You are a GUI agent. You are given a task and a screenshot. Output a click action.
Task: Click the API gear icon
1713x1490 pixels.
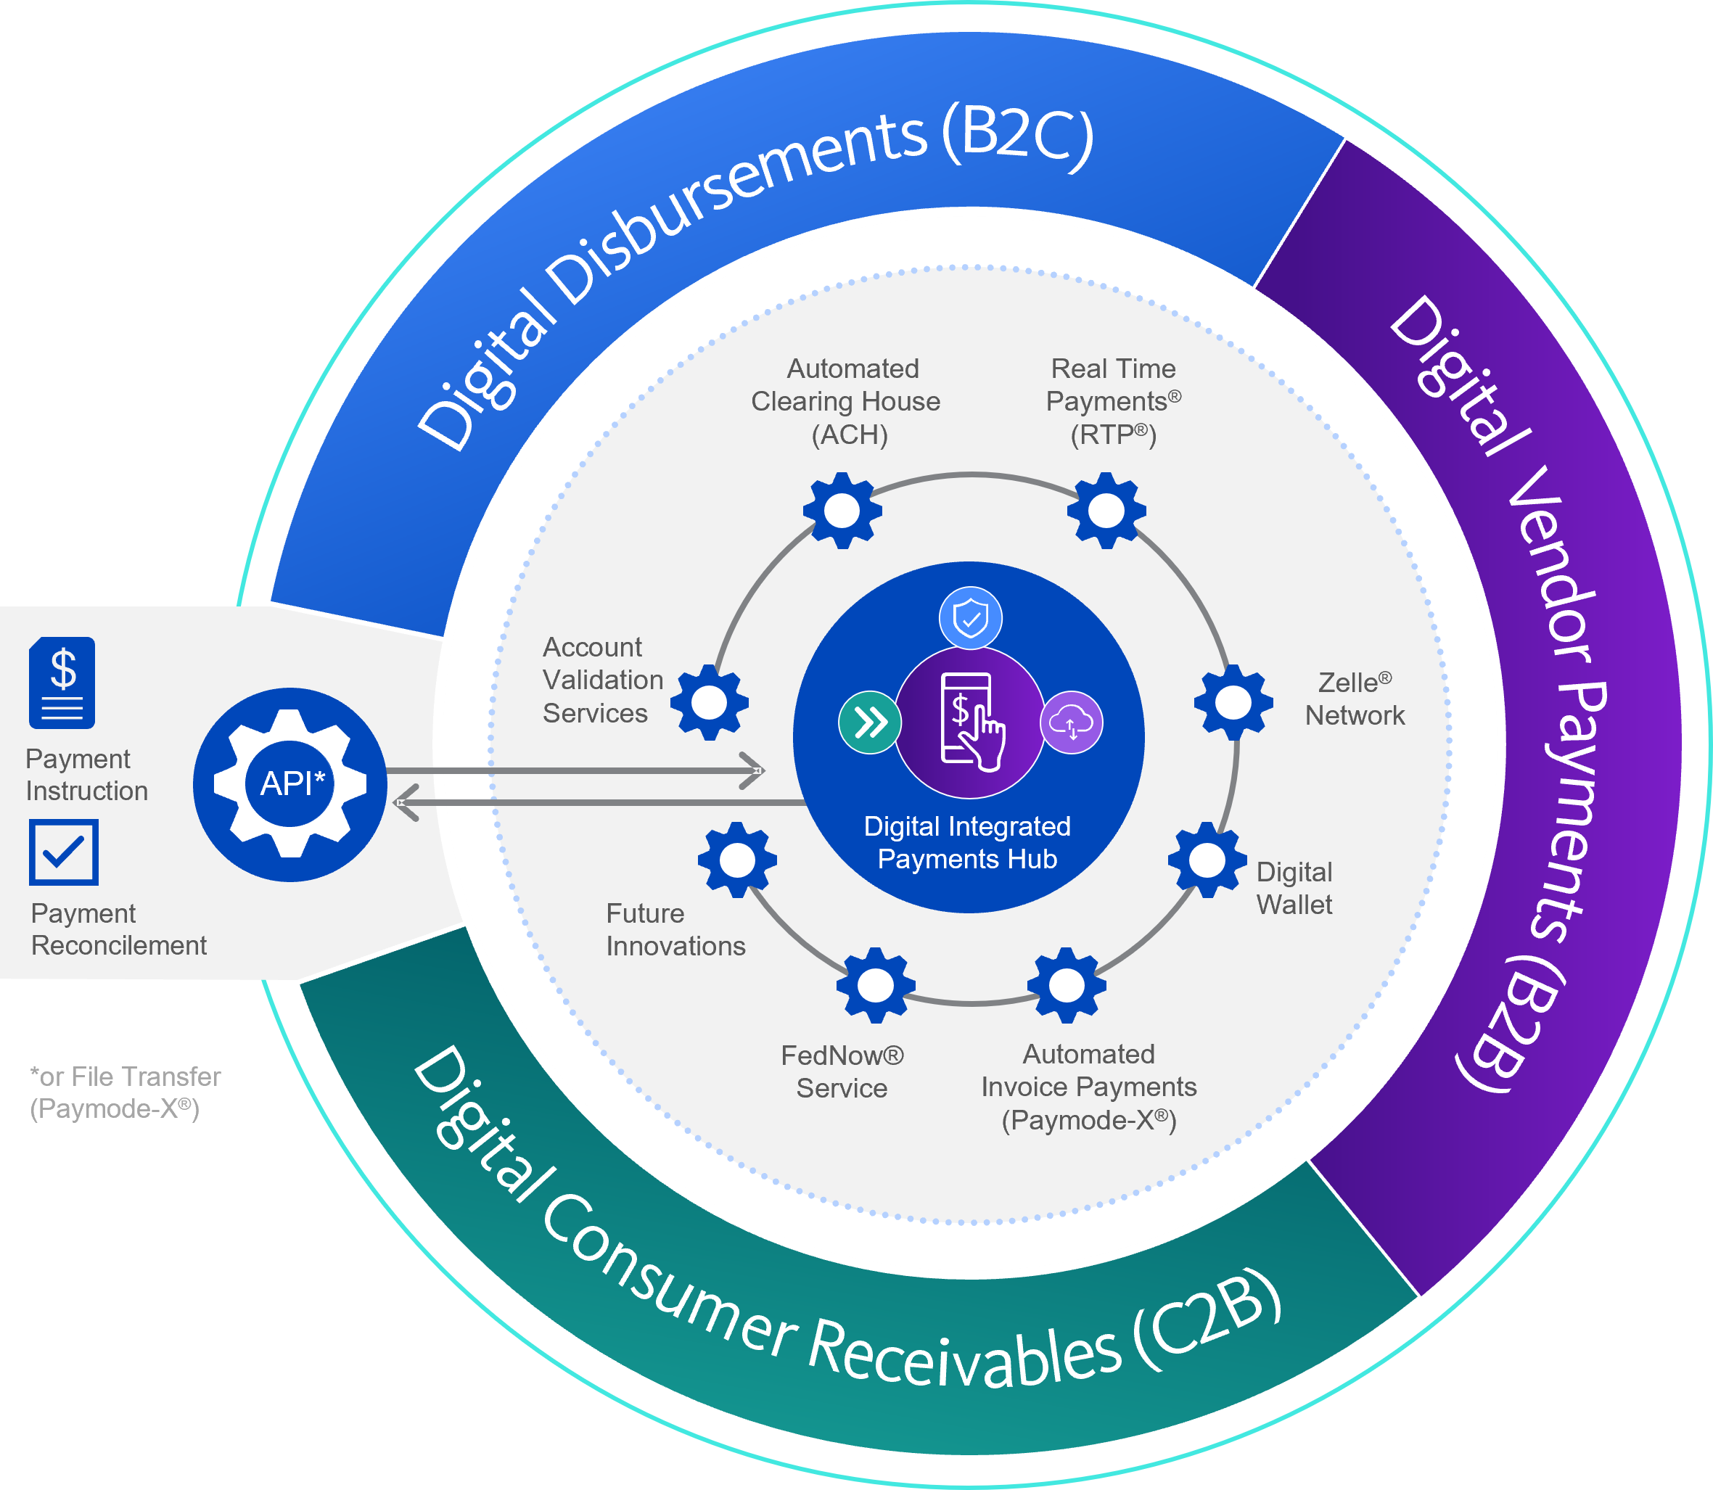click(x=289, y=784)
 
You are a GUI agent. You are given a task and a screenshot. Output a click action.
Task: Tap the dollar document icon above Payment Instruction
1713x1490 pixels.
click(x=62, y=683)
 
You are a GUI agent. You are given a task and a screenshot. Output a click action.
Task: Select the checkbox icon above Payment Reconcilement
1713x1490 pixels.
click(x=64, y=852)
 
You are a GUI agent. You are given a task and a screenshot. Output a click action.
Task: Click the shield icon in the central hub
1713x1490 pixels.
click(x=971, y=619)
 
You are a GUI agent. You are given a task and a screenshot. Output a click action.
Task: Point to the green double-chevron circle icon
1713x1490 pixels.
click(x=870, y=723)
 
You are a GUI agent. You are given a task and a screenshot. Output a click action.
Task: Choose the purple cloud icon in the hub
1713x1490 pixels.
click(x=1071, y=723)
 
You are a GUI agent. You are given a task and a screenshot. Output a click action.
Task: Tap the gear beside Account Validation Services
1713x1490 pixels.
click(x=710, y=703)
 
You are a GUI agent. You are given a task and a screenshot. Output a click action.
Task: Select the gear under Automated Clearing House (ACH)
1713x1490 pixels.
click(x=842, y=511)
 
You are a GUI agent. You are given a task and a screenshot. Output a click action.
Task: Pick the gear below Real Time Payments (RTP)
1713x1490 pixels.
click(x=1106, y=511)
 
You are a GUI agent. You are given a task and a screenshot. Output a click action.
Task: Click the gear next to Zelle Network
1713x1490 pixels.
click(x=1233, y=703)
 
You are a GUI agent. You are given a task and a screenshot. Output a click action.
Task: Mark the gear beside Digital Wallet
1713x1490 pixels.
click(x=1207, y=860)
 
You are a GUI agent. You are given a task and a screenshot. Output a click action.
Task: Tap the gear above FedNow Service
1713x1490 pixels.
click(x=876, y=985)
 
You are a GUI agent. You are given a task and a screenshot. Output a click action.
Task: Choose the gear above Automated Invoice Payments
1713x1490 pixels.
click(x=1067, y=985)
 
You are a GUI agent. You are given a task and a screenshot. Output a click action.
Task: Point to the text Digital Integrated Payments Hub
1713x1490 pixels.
click(x=967, y=842)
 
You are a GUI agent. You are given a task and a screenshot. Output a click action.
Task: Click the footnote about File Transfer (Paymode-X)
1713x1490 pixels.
click(x=125, y=1092)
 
